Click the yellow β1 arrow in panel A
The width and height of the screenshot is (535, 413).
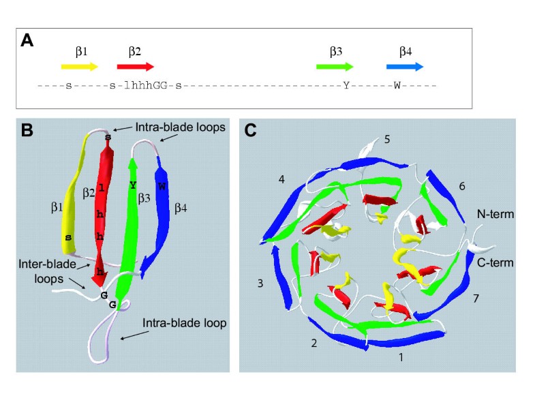pyautogui.click(x=80, y=67)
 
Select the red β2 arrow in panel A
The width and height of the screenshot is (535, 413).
pyautogui.click(x=135, y=67)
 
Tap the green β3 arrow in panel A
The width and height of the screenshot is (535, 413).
pyautogui.click(x=335, y=67)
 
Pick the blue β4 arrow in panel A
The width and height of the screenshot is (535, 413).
pyautogui.click(x=405, y=67)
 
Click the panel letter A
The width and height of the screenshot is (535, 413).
pyautogui.click(x=28, y=40)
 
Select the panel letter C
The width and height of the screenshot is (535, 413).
pyautogui.click(x=251, y=129)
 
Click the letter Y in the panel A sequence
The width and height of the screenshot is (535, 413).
pyautogui.click(x=346, y=86)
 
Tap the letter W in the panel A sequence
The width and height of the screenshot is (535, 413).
pyautogui.click(x=397, y=86)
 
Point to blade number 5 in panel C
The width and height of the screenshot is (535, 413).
pyautogui.click(x=386, y=140)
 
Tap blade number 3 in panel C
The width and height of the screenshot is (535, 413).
pyautogui.click(x=260, y=281)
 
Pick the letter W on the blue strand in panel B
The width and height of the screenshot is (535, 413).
pyautogui.click(x=162, y=186)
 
